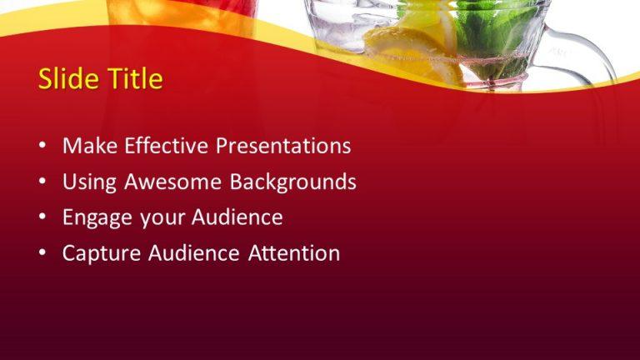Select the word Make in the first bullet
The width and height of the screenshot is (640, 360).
point(90,146)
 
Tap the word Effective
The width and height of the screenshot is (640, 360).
point(167,146)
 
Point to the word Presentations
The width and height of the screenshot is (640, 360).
point(283,146)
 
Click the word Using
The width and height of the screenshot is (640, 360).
point(91,182)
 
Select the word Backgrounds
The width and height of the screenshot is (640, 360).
point(293,182)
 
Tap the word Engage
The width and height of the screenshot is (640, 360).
point(95,217)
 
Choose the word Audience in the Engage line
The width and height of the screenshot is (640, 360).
point(237,217)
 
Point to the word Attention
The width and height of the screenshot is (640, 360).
point(287,253)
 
